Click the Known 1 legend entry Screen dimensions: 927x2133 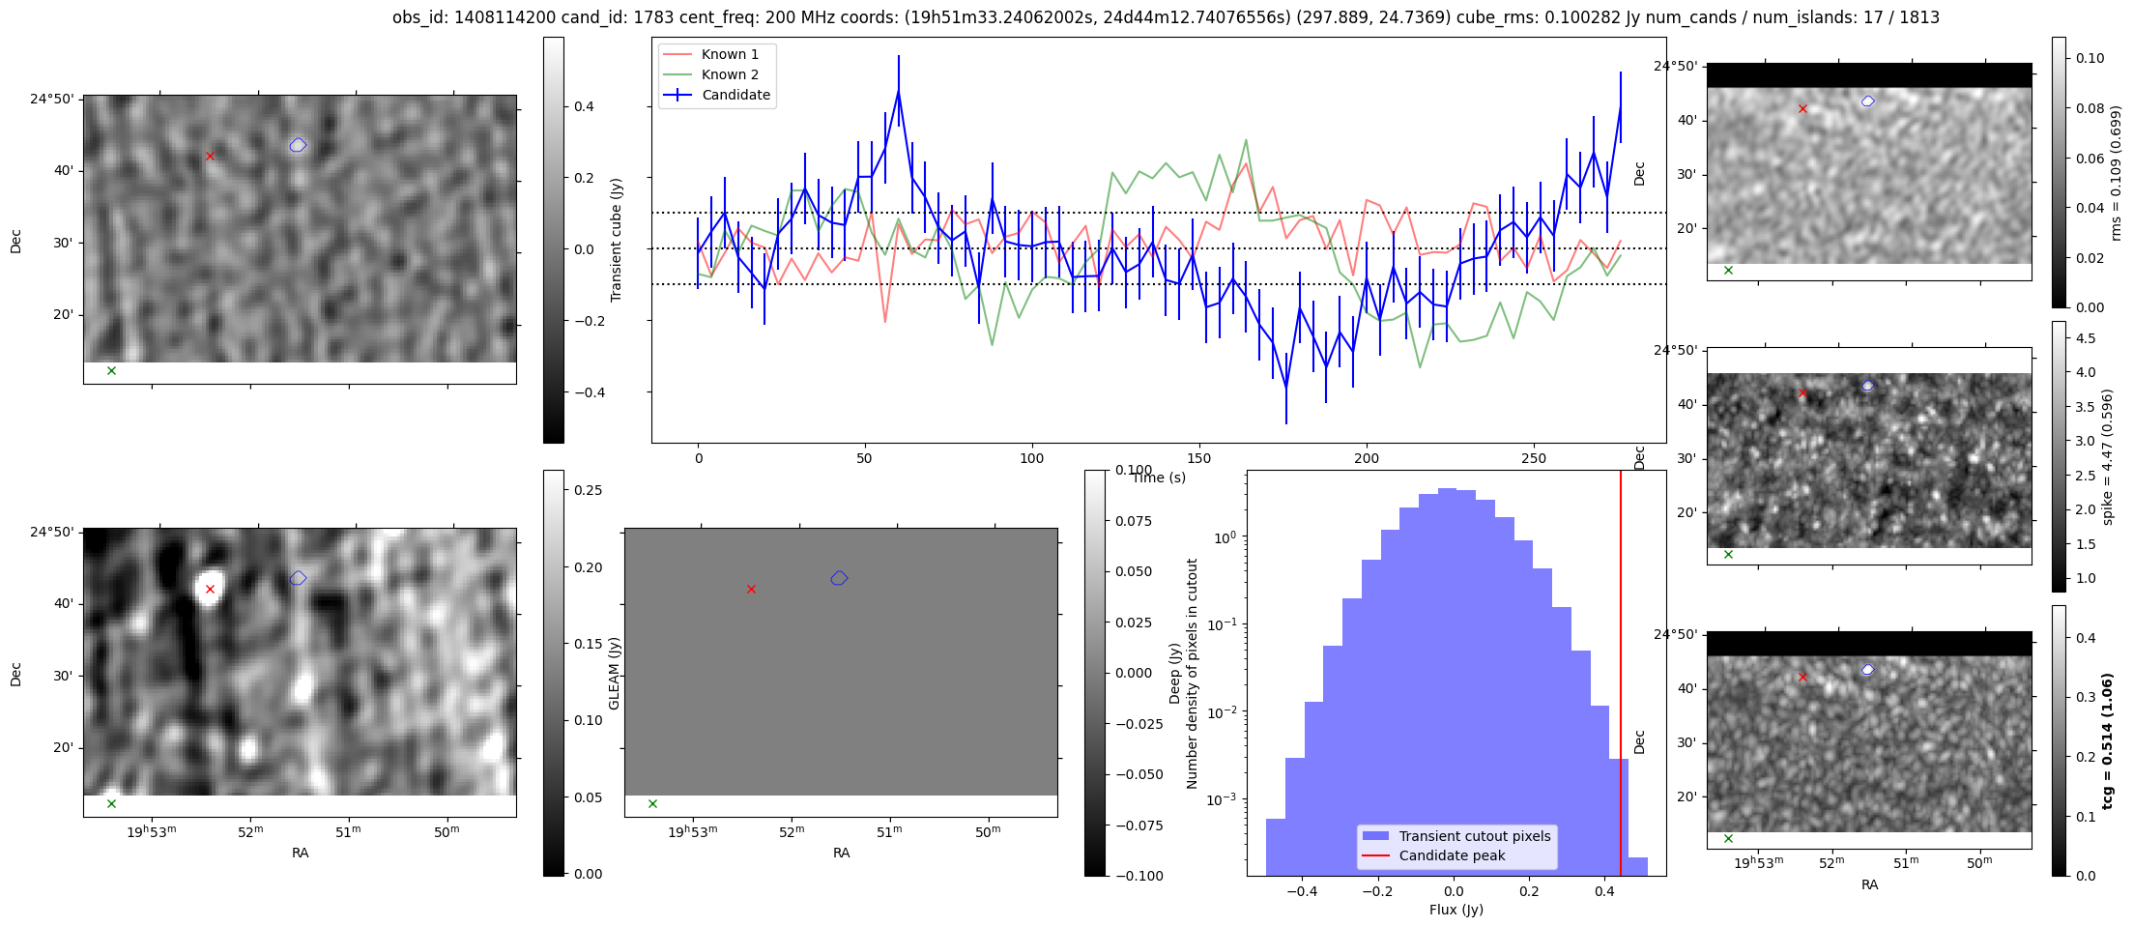(730, 54)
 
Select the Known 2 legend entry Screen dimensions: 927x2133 (730, 74)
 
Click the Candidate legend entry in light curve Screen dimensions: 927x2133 (735, 95)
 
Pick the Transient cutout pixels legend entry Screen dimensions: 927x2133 (1474, 836)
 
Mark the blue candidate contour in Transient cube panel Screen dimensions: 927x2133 (298, 145)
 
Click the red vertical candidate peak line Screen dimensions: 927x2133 (1621, 677)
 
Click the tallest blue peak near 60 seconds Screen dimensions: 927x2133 (898, 91)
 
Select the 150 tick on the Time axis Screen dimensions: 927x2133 (1199, 458)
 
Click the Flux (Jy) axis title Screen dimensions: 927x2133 (1456, 910)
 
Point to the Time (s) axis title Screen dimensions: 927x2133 (1159, 478)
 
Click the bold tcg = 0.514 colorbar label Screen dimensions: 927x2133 (2107, 740)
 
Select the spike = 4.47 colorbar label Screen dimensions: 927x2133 (2107, 456)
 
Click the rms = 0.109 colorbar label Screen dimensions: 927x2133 (2115, 173)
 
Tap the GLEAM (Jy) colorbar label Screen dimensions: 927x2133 (614, 673)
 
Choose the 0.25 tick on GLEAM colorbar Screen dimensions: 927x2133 (589, 490)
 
